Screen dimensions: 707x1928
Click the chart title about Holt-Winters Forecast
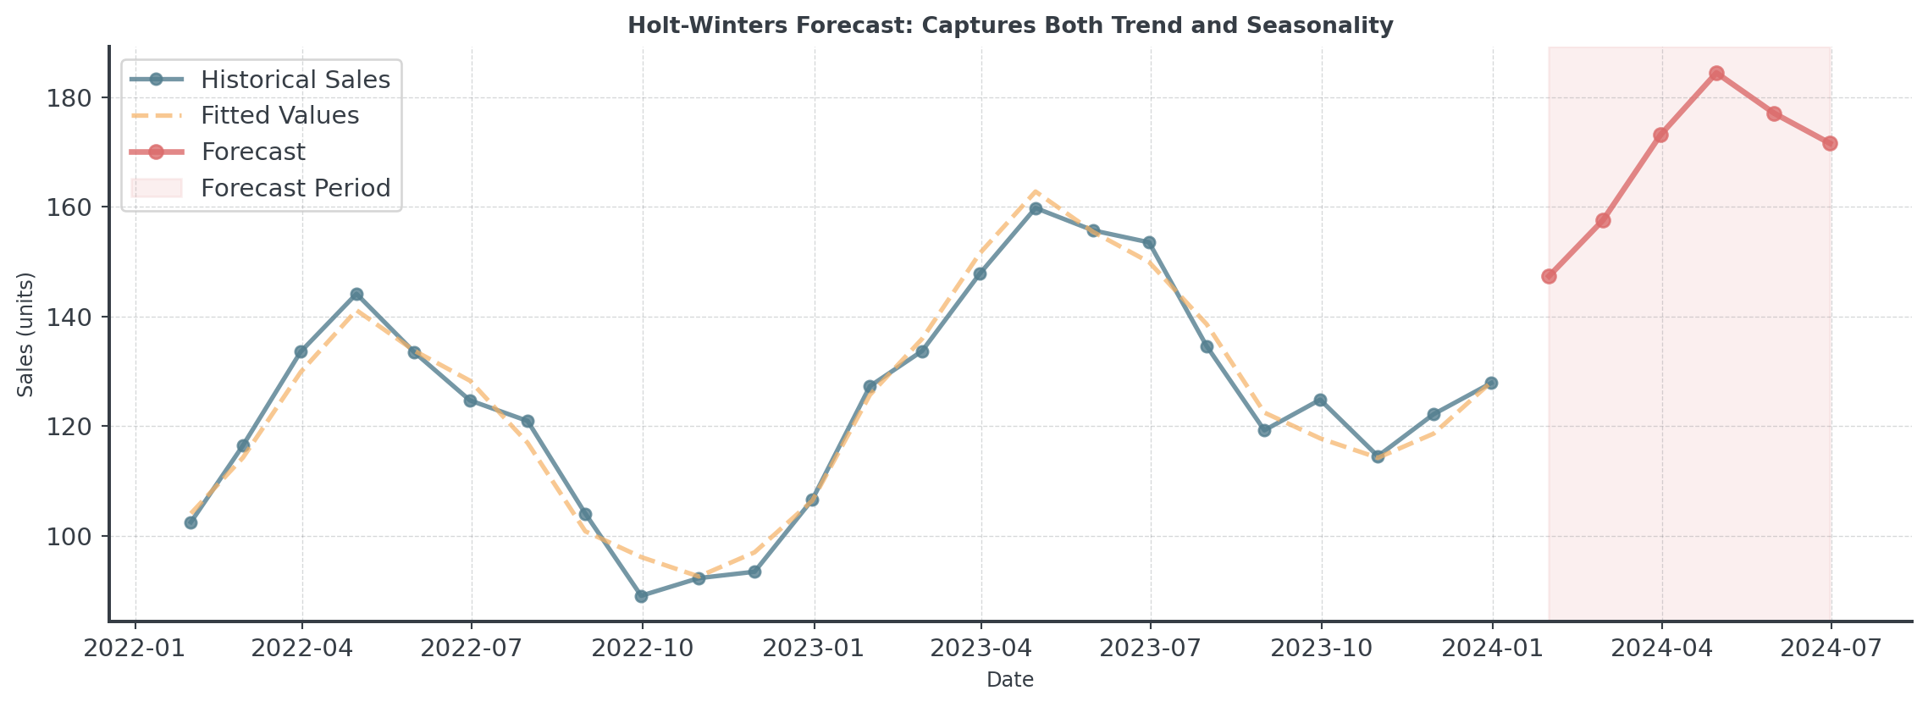point(1010,25)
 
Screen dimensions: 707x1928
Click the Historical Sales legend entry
point(295,80)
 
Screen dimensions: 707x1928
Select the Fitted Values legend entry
point(279,115)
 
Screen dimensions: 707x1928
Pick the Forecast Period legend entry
point(295,188)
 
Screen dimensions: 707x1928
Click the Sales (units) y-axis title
point(26,334)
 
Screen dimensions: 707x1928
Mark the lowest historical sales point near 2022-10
point(641,596)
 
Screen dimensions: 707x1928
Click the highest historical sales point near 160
point(1035,208)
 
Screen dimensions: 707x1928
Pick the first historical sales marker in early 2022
point(191,522)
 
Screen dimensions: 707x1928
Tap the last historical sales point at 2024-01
point(1491,383)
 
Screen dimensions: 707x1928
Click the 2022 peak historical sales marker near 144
point(356,294)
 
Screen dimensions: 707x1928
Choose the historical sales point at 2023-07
point(1149,243)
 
